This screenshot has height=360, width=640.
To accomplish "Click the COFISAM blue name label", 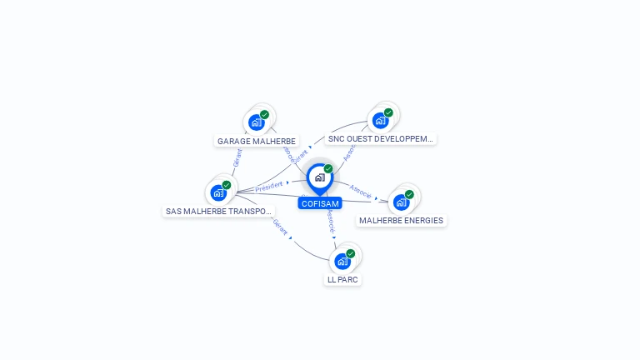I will (x=320, y=203).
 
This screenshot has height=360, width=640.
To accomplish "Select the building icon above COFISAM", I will (x=319, y=177).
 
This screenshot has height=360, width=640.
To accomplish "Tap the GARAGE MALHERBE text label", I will (x=257, y=141).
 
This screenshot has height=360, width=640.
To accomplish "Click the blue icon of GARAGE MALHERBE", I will (x=257, y=122).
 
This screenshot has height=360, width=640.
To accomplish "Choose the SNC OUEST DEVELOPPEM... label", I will (x=381, y=139).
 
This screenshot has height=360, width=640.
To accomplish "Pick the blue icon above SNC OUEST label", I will (x=381, y=120).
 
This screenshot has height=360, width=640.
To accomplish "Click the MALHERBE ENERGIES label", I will (x=401, y=221).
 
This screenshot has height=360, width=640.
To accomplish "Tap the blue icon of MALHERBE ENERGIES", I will (x=402, y=202).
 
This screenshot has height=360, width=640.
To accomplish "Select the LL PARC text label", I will (x=342, y=280).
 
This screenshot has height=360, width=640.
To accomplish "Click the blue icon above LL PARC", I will (x=342, y=261).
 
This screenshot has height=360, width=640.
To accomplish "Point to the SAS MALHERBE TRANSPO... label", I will (x=219, y=212).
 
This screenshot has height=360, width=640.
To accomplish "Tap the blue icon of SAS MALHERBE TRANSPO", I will (x=218, y=192).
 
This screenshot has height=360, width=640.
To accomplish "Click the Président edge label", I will (x=269, y=186).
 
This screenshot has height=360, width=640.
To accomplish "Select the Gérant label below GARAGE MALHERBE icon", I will (x=237, y=159).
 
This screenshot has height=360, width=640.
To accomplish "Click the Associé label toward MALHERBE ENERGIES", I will (x=361, y=190).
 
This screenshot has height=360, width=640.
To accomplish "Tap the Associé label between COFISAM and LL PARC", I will (x=330, y=220).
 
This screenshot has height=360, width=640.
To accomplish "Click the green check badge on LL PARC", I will (x=351, y=253).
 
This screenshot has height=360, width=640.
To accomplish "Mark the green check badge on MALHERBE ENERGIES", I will (x=409, y=194).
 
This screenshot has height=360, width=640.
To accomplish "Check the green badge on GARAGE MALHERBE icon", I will (x=264, y=115).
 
